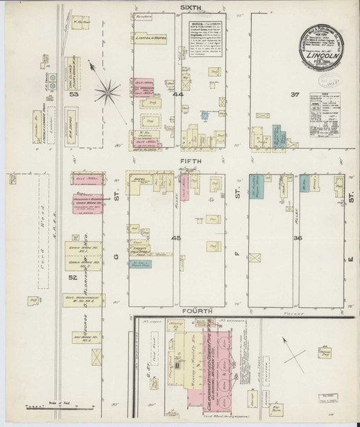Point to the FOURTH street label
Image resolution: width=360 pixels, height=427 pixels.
[x=193, y=311]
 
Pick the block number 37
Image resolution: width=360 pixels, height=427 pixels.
[x=295, y=93]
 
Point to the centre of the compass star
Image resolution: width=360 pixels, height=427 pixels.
[x=109, y=90]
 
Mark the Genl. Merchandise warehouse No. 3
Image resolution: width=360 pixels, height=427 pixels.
[x=84, y=300]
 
